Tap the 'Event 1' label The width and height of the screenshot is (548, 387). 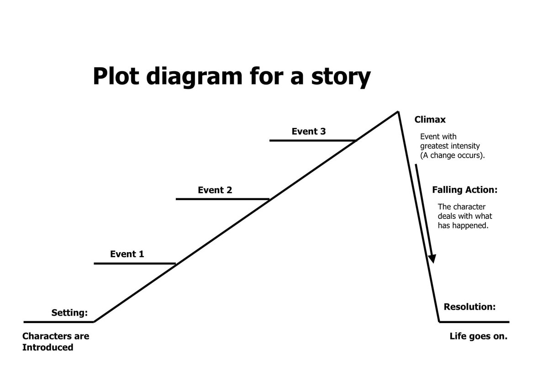[127, 254]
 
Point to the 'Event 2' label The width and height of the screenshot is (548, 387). [215, 190]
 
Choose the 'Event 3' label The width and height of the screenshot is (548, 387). [309, 132]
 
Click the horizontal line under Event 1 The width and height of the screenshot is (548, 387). [134, 264]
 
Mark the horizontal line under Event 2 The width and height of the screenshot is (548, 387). [222, 199]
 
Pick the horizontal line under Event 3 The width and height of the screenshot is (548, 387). [312, 140]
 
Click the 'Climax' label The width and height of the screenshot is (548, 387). [430, 120]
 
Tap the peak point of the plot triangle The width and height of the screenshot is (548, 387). [398, 111]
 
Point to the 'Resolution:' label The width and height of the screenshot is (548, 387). [469, 307]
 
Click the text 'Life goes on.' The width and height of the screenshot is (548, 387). [478, 337]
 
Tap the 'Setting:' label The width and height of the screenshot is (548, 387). [69, 313]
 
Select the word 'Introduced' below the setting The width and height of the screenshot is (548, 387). [47, 347]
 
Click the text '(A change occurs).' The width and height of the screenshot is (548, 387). [453, 155]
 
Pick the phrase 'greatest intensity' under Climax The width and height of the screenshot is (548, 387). [450, 146]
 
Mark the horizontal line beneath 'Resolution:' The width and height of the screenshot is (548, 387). [474, 322]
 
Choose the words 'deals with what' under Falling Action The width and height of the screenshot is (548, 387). [465, 216]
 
